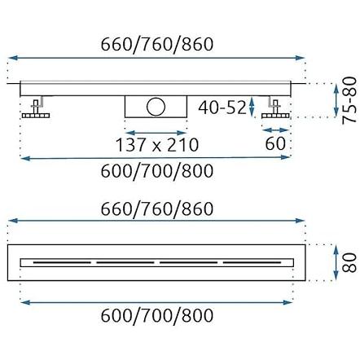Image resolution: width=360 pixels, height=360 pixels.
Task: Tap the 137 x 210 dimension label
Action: click(157, 145)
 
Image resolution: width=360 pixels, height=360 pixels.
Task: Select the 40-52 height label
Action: click(222, 107)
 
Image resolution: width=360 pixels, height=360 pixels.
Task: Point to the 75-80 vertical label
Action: click(349, 100)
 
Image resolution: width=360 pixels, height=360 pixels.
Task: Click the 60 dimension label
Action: click(275, 143)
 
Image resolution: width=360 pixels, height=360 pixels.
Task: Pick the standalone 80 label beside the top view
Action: click(349, 262)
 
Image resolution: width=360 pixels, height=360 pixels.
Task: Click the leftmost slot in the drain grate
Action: click(62, 262)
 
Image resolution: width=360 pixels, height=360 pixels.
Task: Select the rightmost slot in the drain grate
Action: click(252, 262)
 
